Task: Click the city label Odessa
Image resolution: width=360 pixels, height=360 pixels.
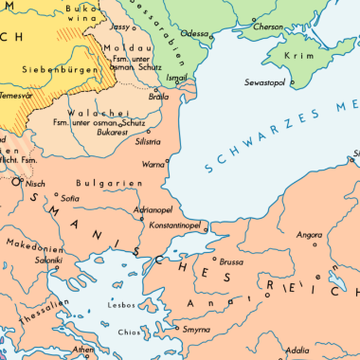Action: (194, 33)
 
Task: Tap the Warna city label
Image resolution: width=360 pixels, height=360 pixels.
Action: (153, 164)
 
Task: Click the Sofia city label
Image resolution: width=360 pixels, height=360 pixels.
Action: (69, 200)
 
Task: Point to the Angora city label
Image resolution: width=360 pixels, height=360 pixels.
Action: (310, 234)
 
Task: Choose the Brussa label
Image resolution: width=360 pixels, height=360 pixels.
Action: (231, 261)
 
